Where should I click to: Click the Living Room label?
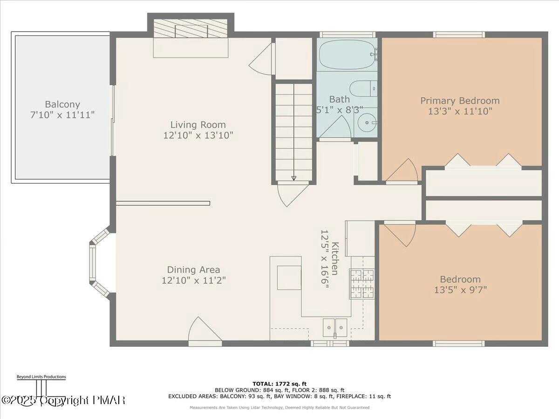tap(198, 124)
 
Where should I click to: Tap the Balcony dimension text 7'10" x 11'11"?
tap(62, 115)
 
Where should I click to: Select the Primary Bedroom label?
tap(460, 101)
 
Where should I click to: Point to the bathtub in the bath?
tap(347, 54)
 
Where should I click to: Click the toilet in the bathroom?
tap(363, 88)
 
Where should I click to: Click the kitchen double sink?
tap(335, 327)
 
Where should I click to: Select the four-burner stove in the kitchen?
tap(362, 284)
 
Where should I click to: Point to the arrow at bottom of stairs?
tap(293, 178)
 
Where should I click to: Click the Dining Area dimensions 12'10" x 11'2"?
tap(193, 280)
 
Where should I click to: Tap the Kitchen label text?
tap(335, 259)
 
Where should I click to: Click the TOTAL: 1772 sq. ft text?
tap(279, 384)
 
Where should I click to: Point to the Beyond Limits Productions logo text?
tap(41, 377)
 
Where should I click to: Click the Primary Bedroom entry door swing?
tap(402, 171)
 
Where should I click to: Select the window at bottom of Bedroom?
tap(459, 344)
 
